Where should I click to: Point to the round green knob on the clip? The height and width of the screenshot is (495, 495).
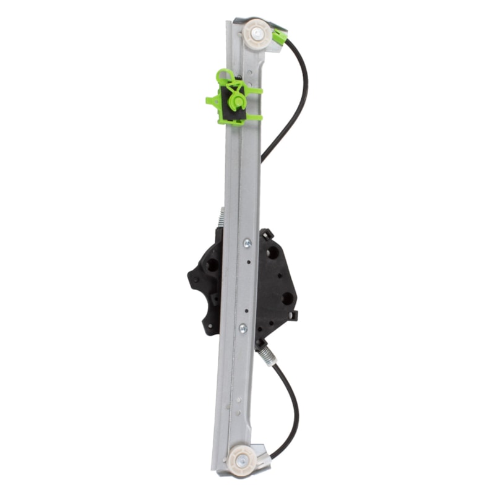pyautogui.click(x=236, y=100)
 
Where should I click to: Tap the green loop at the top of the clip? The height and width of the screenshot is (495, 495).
pyautogui.click(x=224, y=77)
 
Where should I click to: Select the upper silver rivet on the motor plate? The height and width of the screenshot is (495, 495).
pyautogui.click(x=247, y=243)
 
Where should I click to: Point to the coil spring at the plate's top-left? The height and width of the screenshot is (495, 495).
pyautogui.click(x=222, y=218)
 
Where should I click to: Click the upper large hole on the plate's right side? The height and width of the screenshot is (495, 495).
pyautogui.click(x=272, y=252)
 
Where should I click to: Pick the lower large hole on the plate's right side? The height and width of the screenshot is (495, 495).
pyautogui.click(x=287, y=298)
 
